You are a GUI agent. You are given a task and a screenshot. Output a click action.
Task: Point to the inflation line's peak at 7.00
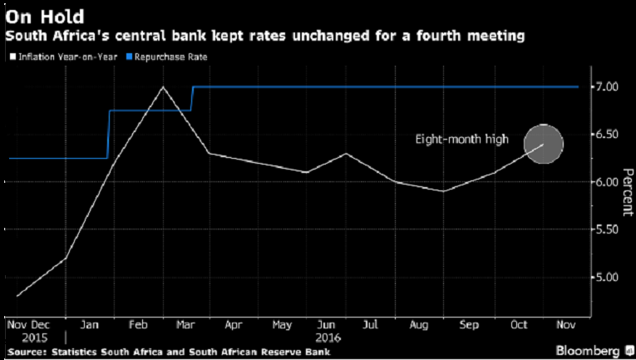click(x=163, y=86)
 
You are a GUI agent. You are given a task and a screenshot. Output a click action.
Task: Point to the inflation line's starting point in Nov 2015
click(x=17, y=296)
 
